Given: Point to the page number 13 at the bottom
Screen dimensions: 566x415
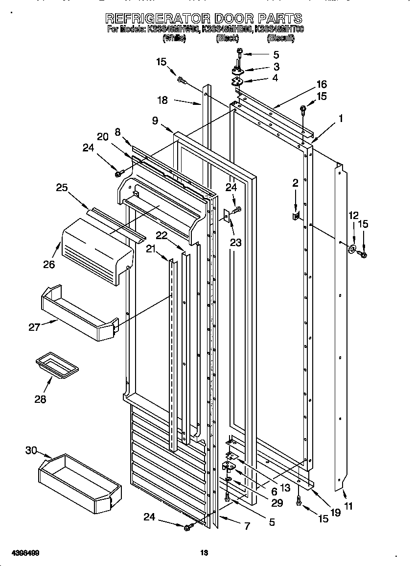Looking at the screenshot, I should [205, 553].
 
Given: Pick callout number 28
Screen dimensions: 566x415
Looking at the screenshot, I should [40, 399].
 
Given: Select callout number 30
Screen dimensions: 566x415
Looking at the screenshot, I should [31, 450].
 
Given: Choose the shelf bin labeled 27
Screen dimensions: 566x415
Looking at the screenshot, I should [78, 314].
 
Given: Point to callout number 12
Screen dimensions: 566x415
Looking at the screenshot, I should [353, 215].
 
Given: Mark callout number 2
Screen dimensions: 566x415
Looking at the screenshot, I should [295, 183].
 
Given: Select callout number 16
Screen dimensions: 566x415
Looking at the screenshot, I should [321, 84].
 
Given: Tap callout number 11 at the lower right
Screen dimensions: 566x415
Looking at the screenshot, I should [348, 506].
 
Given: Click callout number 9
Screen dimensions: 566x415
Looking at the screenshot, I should [155, 121].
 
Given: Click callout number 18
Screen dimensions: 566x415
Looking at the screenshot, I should [162, 100].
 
